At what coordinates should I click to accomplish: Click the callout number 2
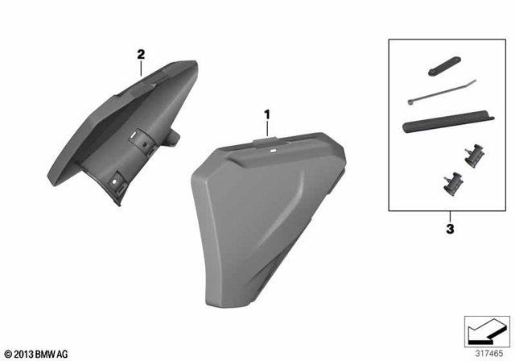pos(141,55)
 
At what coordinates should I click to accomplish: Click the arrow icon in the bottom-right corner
pos(486,330)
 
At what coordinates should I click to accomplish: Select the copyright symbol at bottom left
pos(8,353)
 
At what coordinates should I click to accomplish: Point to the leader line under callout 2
pos(142,68)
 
